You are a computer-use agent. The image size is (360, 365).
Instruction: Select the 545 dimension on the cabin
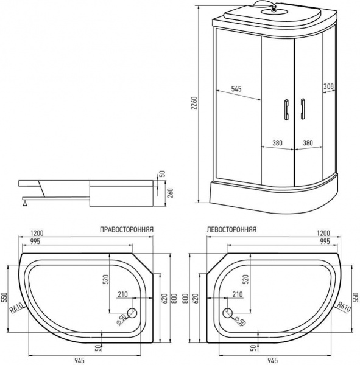(236, 89)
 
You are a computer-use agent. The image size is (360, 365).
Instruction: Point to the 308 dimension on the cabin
(328, 85)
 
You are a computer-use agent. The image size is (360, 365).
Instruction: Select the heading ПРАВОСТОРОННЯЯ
(126, 231)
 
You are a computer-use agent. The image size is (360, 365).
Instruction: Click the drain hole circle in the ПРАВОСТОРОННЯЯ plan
(133, 314)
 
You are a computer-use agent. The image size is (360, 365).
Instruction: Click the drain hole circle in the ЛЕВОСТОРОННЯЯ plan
(227, 314)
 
